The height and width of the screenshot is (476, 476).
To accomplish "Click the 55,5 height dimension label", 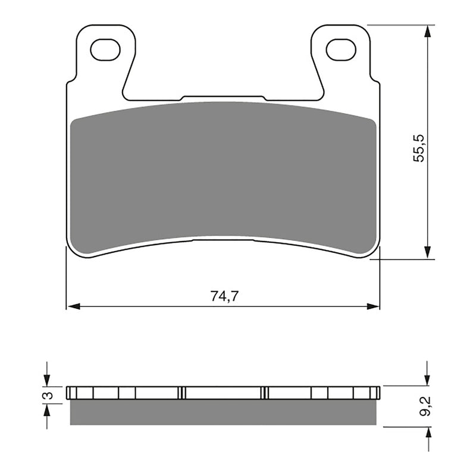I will pyautogui.click(x=419, y=148).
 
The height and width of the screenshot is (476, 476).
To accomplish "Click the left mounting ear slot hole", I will pyautogui.click(x=105, y=50).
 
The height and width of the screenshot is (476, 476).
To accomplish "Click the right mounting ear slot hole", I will pyautogui.click(x=341, y=50).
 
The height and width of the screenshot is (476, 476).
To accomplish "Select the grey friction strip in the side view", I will pyautogui.click(x=223, y=412).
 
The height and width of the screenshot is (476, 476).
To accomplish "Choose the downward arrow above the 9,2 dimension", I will pyautogui.click(x=427, y=379).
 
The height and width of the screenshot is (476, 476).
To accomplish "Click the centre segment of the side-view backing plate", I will pyautogui.click(x=223, y=393).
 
